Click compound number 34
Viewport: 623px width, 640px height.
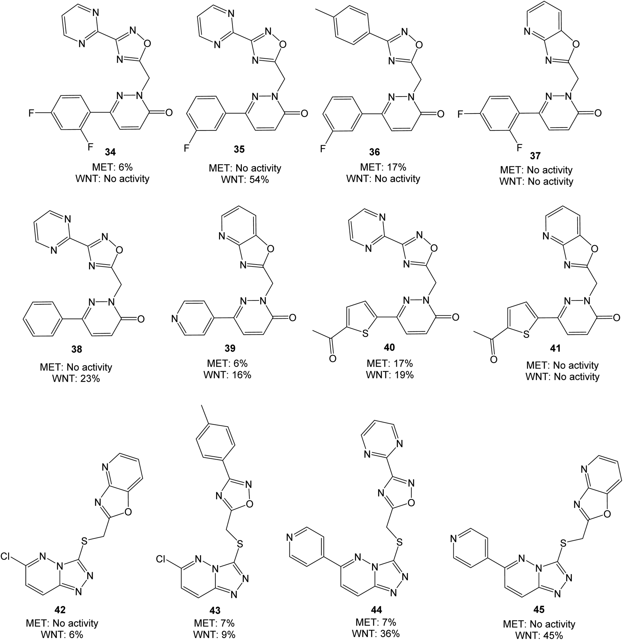click(111, 152)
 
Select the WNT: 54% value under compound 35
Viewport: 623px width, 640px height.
click(245, 179)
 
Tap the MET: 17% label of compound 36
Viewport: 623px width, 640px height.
click(383, 167)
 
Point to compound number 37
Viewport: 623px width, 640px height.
click(535, 156)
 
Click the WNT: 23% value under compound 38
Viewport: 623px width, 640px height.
click(76, 379)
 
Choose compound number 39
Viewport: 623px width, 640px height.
click(230, 348)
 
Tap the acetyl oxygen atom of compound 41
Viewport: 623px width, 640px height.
click(493, 359)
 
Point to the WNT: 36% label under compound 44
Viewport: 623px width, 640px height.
click(376, 633)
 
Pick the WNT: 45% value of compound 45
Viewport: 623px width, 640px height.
click(539, 635)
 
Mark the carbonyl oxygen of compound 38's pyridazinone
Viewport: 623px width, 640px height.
click(141, 318)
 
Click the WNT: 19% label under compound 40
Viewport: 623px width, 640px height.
click(390, 375)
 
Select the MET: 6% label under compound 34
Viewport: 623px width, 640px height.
click(112, 167)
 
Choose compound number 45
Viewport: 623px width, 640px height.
click(539, 609)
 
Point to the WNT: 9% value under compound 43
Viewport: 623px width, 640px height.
click(214, 634)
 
